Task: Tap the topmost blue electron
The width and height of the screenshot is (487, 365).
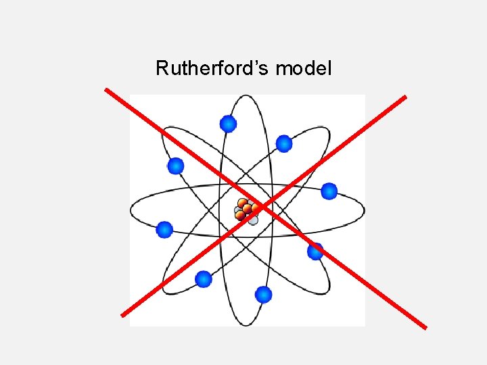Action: click(229, 124)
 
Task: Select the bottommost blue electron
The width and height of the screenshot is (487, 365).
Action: click(264, 295)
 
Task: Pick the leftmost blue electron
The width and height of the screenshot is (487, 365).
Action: click(164, 230)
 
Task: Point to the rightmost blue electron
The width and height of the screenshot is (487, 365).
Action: click(329, 191)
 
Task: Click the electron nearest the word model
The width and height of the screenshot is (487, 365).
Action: click(284, 143)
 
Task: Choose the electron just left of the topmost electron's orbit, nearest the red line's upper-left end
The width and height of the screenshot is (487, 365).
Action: click(176, 166)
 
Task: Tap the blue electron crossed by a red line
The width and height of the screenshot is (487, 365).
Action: click(315, 251)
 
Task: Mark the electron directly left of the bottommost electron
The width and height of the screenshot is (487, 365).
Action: click(203, 278)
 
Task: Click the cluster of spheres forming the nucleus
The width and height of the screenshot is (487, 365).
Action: click(246, 211)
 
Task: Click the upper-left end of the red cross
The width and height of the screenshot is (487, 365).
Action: click(106, 89)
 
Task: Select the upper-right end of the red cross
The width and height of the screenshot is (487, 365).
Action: click(405, 97)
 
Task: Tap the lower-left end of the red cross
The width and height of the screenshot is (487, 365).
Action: click(122, 315)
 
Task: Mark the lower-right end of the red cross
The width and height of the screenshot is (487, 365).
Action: click(426, 328)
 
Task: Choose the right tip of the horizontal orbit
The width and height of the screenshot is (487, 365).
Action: click(365, 210)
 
